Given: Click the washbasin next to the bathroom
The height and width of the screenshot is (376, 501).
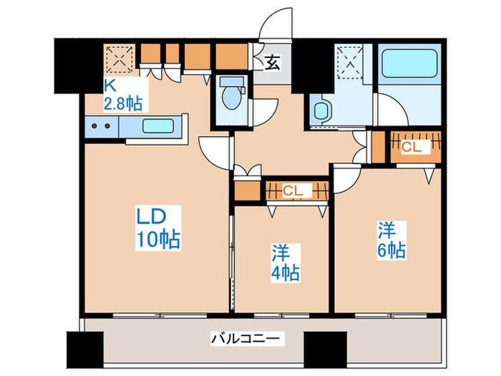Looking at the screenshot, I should (x=321, y=111).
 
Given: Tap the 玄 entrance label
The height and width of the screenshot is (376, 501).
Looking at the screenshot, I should (x=273, y=63).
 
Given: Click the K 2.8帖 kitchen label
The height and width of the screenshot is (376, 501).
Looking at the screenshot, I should (x=122, y=95).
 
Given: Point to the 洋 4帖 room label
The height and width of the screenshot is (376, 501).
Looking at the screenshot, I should (x=284, y=263).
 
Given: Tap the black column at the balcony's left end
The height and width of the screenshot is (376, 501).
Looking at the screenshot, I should (x=80, y=349).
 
